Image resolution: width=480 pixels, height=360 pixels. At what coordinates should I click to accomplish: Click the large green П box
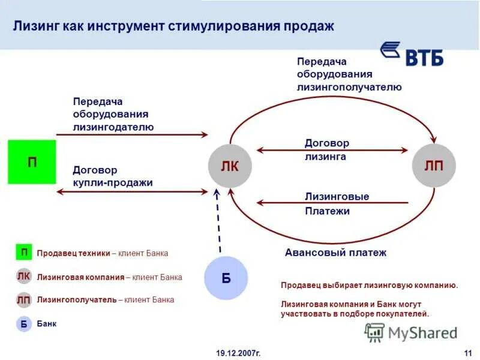click(32, 162)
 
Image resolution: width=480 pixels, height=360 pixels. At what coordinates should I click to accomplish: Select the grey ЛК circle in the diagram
click(229, 166)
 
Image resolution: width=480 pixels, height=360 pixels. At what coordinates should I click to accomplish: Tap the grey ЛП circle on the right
click(433, 166)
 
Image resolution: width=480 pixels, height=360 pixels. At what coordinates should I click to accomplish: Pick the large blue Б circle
click(226, 277)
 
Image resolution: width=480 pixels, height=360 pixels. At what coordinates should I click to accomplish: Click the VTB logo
click(413, 54)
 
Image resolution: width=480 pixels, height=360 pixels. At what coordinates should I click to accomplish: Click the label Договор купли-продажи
click(112, 176)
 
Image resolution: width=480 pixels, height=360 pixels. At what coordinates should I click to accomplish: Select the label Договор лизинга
click(326, 150)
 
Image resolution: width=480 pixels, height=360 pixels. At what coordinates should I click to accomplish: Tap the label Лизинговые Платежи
click(336, 204)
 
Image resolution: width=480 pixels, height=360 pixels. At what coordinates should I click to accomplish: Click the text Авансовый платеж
click(335, 253)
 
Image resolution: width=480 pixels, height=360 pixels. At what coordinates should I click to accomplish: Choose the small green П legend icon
click(24, 253)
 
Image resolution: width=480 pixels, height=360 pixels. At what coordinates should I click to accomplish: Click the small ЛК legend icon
click(24, 277)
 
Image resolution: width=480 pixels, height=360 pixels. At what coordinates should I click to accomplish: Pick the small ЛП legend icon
click(24, 300)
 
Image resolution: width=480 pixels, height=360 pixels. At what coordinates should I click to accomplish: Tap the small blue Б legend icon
click(24, 324)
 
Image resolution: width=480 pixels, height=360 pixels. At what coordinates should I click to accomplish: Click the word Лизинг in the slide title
click(35, 27)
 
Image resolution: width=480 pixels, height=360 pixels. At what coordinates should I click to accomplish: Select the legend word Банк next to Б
click(47, 324)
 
